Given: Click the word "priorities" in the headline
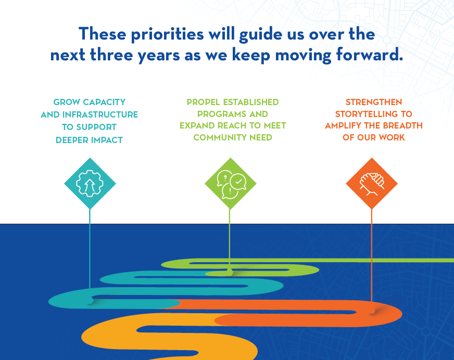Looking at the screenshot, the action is (168, 35).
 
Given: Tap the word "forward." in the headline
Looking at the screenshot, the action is (370, 55).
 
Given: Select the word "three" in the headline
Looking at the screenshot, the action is (111, 55).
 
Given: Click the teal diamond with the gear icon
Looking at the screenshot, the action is (90, 184).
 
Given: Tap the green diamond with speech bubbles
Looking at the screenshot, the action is (231, 184).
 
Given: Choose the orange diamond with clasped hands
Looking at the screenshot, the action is (372, 184).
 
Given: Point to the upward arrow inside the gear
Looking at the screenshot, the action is (90, 186).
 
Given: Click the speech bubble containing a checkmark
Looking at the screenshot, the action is (238, 182).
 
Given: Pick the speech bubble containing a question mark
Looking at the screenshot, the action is (225, 178).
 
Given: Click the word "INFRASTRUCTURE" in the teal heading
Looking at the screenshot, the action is (100, 114).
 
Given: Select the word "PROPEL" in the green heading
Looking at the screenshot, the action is (204, 102).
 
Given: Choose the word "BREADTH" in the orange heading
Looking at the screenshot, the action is (402, 125).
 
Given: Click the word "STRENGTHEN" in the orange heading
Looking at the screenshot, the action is (374, 102).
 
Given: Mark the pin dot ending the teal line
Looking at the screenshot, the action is (90, 301).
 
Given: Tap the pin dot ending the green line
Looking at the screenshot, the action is (230, 272).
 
